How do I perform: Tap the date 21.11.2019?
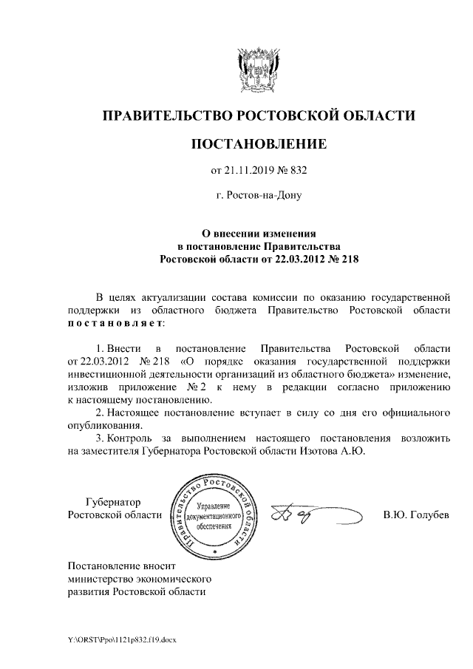pos(250,172)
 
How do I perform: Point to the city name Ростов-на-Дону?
pos(259,196)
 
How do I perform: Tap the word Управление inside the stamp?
pos(214,502)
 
